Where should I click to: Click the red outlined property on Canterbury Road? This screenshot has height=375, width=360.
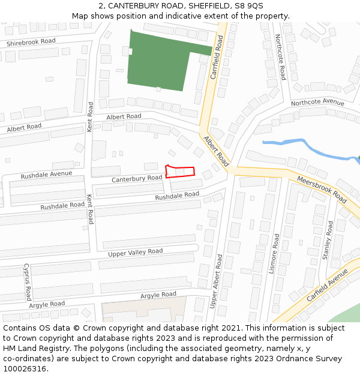click(x=180, y=172)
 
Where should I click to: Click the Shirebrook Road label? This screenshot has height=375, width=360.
click(x=31, y=42)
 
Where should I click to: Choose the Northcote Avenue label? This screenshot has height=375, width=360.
click(x=318, y=103)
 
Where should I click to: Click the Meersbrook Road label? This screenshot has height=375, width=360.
click(x=322, y=189)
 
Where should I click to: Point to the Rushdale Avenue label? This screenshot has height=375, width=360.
click(x=46, y=175)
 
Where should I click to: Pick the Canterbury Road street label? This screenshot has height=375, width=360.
click(x=137, y=179)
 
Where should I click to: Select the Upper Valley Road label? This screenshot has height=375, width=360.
click(x=135, y=253)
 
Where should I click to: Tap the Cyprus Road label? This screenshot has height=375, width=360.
click(x=27, y=282)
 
